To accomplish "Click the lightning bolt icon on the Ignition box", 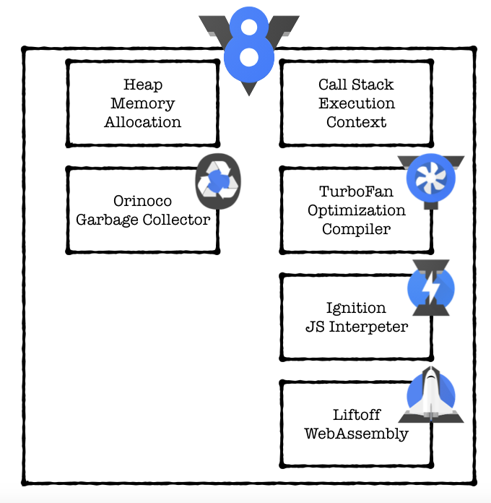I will pyautogui.click(x=430, y=287).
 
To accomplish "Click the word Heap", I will pyautogui.click(x=143, y=85).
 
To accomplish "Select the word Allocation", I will pyautogui.click(x=143, y=122).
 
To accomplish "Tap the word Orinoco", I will pyautogui.click(x=143, y=201).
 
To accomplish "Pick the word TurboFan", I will pyautogui.click(x=357, y=192).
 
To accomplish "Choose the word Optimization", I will pyautogui.click(x=357, y=210).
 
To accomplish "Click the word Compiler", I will pyautogui.click(x=357, y=229).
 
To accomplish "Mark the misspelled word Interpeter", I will pyautogui.click(x=368, y=327).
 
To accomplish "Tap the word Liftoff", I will pyautogui.click(x=357, y=415).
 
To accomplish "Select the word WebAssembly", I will pyautogui.click(x=357, y=434).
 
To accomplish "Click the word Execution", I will pyautogui.click(x=357, y=103).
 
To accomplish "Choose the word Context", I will pyautogui.click(x=357, y=122).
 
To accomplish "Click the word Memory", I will pyautogui.click(x=143, y=103).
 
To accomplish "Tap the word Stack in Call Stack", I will pyautogui.click(x=373, y=85).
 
